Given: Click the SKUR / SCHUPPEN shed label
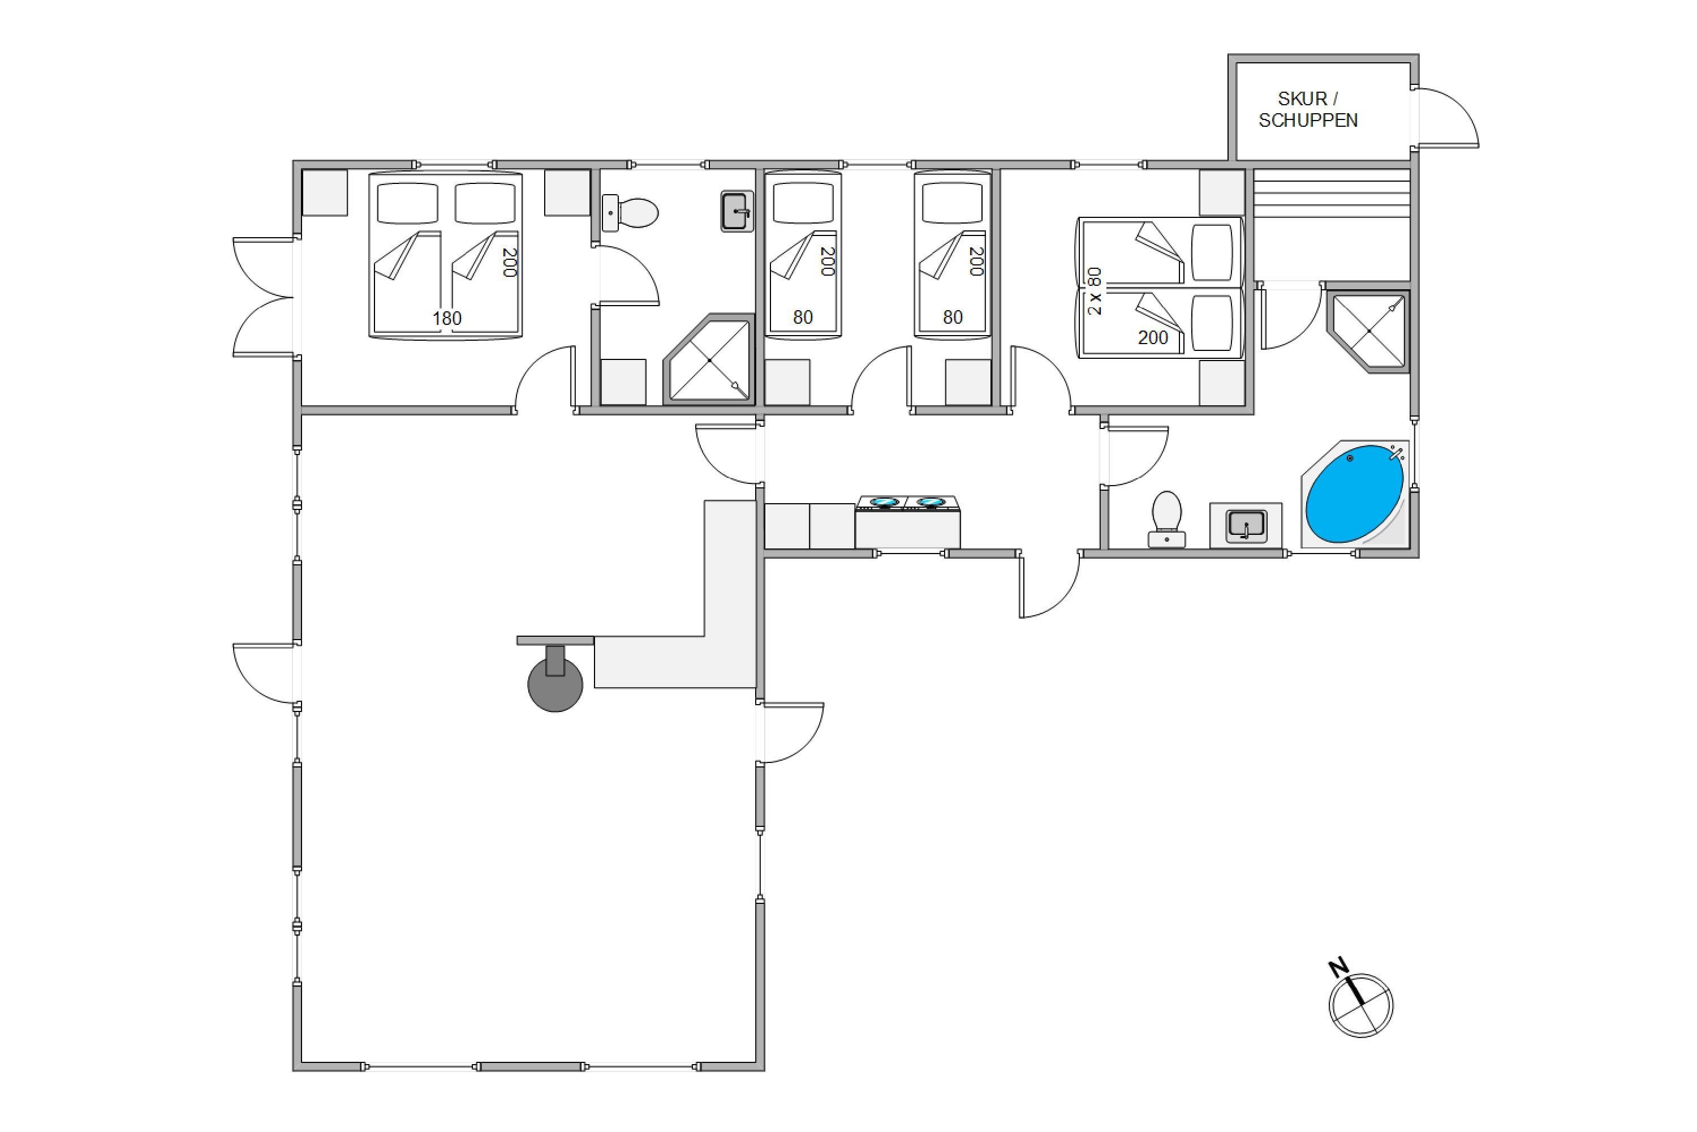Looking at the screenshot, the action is click(1308, 110).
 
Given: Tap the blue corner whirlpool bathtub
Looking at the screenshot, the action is click(1354, 494).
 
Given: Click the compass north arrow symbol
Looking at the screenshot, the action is click(1359, 1000).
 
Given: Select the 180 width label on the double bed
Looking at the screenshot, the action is click(447, 318).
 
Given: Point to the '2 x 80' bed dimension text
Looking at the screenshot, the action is click(1095, 291).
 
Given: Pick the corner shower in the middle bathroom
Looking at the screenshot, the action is click(709, 359).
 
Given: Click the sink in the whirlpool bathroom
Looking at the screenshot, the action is click(1246, 524).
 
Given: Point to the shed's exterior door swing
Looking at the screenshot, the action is click(1449, 118).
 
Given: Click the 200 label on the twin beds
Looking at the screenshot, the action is click(1152, 337).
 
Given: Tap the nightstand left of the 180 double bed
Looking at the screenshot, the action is click(325, 193).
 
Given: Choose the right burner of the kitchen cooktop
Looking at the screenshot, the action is click(930, 501).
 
